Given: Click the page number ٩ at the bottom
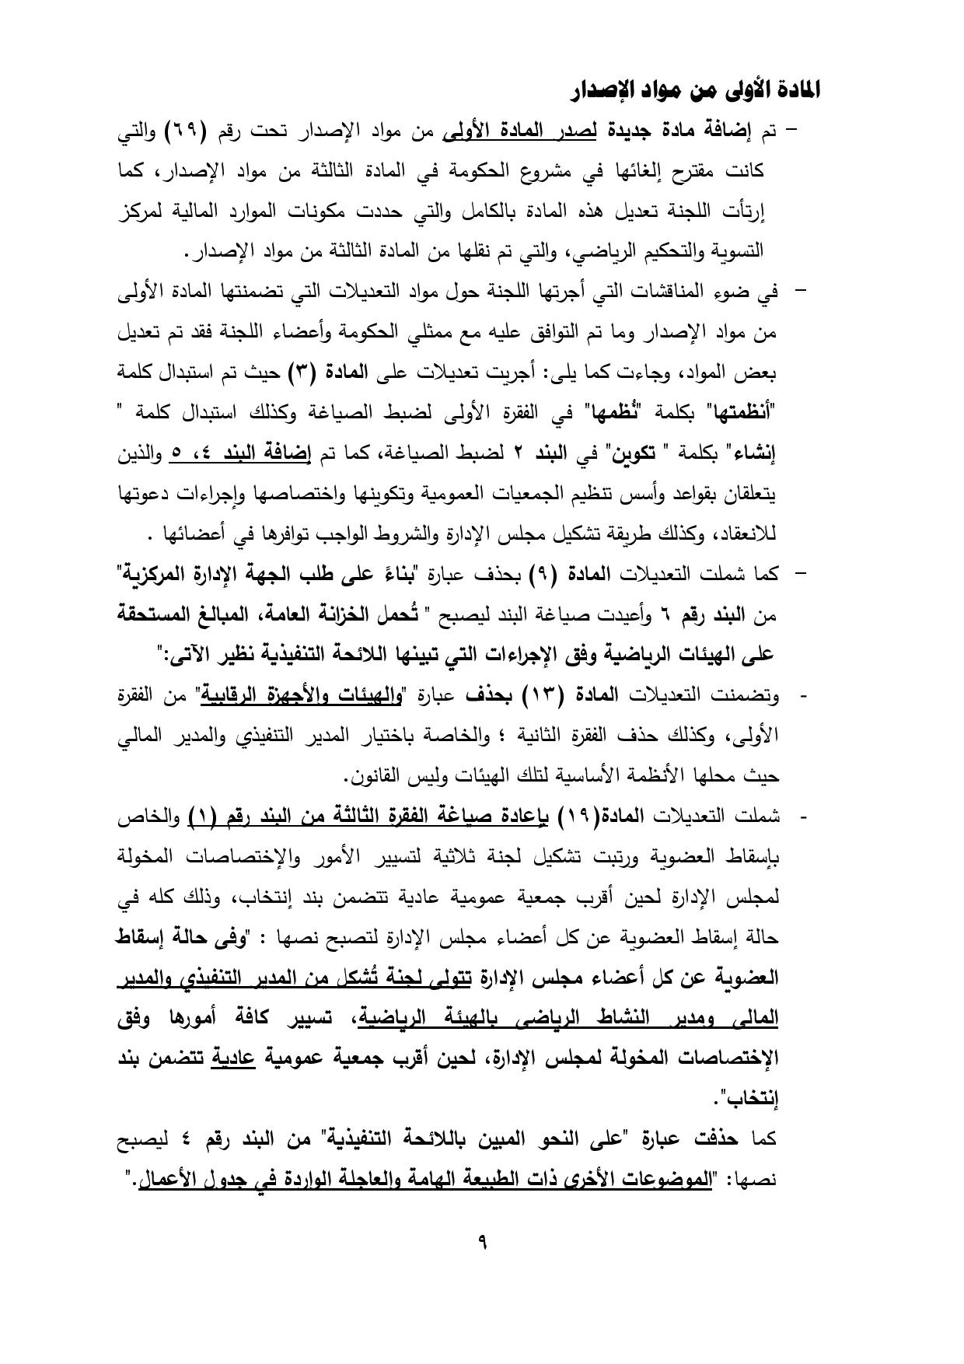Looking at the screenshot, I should tap(482, 1242).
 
